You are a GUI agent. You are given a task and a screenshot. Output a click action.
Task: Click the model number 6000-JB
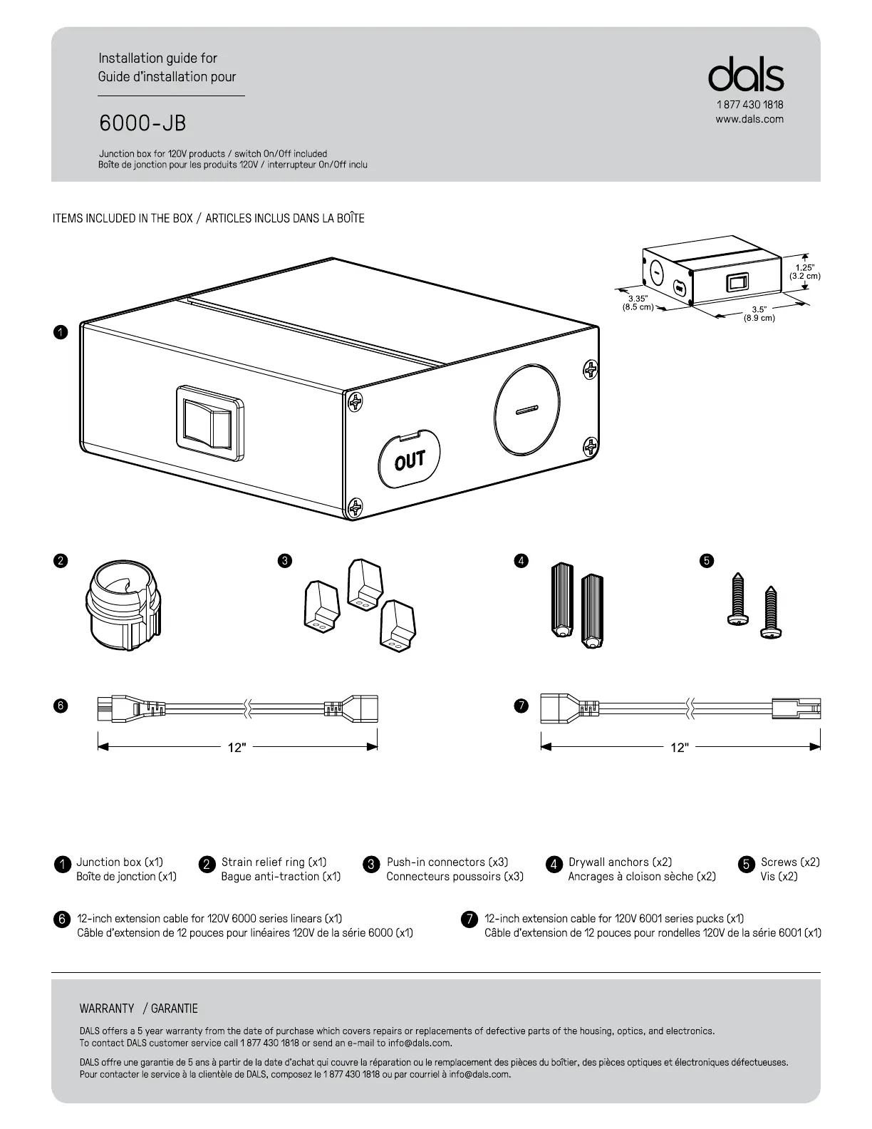[x=142, y=123]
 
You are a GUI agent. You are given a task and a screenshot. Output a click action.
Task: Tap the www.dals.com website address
[x=749, y=119]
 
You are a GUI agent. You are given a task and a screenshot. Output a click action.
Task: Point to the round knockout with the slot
[x=526, y=410]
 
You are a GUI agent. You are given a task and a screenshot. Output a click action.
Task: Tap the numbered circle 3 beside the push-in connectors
[x=284, y=561]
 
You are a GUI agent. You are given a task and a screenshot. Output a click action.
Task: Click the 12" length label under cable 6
[x=237, y=747]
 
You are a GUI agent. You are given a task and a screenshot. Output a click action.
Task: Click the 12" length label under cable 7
[x=680, y=747]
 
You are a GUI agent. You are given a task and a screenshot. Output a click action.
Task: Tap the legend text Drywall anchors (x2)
[x=620, y=862]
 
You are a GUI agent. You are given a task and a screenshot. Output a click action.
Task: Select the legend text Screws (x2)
[x=790, y=862]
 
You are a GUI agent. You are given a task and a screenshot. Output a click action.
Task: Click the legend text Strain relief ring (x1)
[x=274, y=862]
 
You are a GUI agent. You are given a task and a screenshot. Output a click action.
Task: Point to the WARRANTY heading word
[x=107, y=1009]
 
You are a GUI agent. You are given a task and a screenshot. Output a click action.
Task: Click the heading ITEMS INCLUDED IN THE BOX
[x=123, y=218]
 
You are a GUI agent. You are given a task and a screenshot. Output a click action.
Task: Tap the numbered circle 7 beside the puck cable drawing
[x=521, y=706]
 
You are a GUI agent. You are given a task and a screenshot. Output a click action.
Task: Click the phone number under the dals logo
[x=749, y=105]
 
